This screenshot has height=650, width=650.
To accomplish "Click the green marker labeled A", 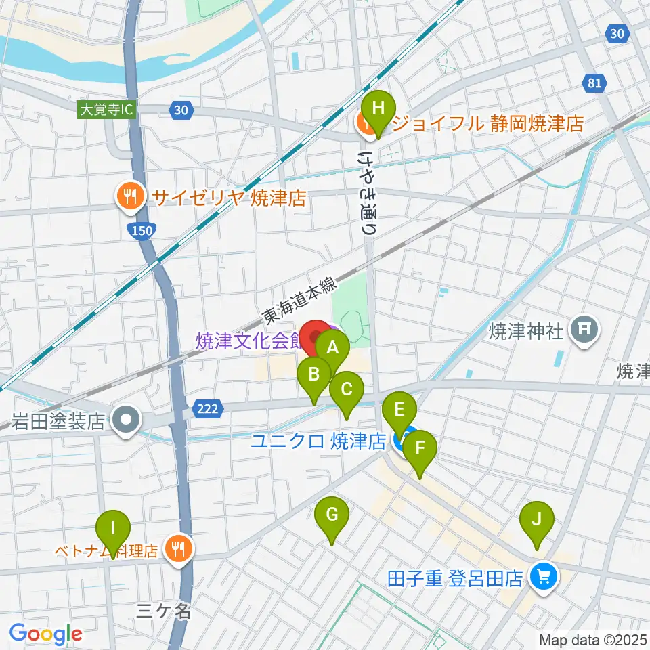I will coord(332,349).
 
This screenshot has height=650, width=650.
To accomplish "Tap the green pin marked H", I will coord(378,108).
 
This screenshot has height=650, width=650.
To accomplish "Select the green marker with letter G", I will coord(331,515).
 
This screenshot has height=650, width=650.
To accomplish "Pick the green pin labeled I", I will coord(113,527).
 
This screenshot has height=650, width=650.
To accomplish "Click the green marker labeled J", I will coord(536,520).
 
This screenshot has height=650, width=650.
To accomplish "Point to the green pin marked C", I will coord(347,390).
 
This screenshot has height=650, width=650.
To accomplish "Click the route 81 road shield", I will coord(593,83).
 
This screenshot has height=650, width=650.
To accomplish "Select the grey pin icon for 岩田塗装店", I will coord(127,421).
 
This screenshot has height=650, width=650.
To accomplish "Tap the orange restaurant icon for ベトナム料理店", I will coord(178,549).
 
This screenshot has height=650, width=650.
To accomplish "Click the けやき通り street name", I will coord(367,192).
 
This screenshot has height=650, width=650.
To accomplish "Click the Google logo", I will coord(45,634).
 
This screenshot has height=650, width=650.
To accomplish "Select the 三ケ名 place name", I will coord(164,611).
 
